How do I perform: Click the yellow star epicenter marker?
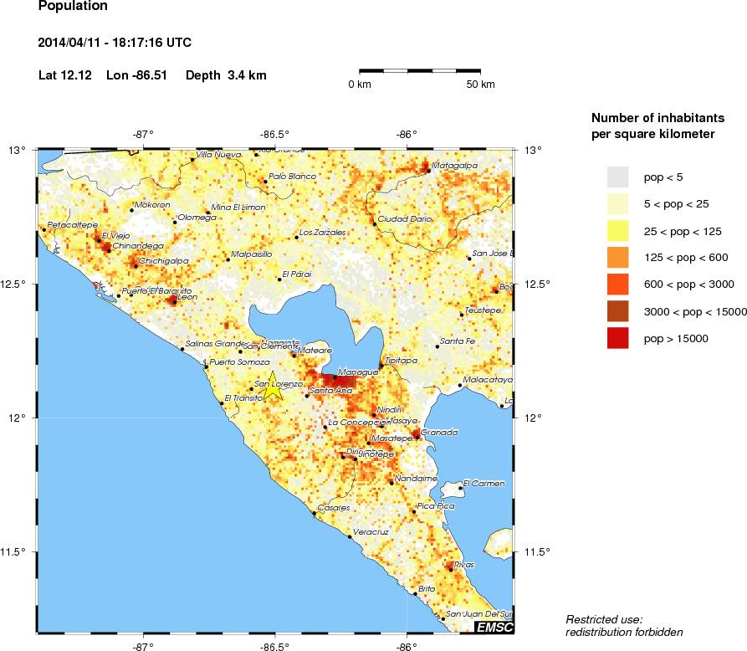point(272,387)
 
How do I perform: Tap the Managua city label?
point(357,372)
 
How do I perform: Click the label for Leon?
point(187,296)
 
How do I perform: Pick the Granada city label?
point(440,432)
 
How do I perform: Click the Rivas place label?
point(465,564)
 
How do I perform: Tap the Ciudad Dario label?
point(405,218)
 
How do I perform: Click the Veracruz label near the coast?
point(371,531)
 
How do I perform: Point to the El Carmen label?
point(484,483)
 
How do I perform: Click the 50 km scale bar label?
point(480,85)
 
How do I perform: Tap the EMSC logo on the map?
point(494,627)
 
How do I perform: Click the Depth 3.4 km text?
point(226,75)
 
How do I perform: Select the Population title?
point(73,7)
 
